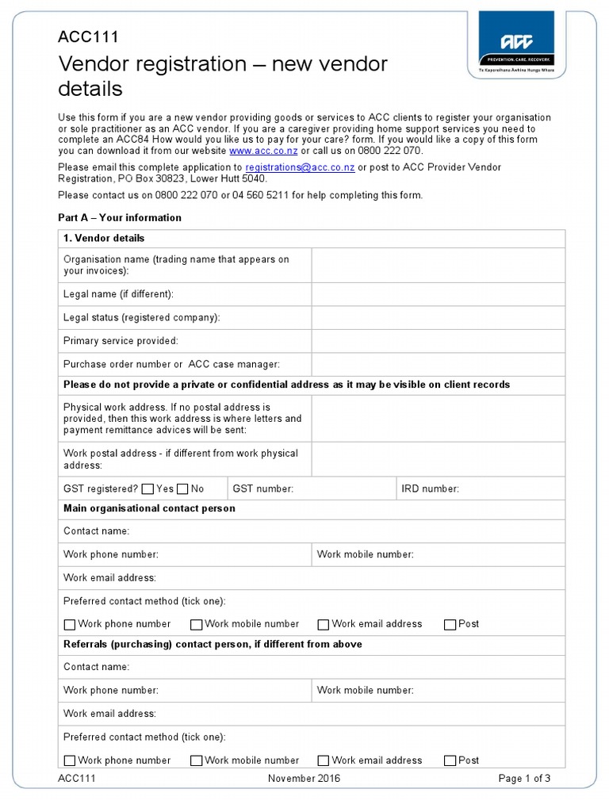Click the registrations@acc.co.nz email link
coord(300,167)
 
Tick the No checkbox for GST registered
coord(183,489)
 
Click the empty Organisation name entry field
coord(438,265)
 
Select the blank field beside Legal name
coord(438,294)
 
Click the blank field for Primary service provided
coord(438,341)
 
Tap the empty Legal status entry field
coord(438,318)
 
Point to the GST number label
coord(262,489)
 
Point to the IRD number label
coord(430,489)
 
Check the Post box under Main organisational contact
coord(450,625)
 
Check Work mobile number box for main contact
coord(197,625)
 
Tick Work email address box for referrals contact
coord(324,761)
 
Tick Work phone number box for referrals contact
coord(70,761)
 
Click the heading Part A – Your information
coord(120,217)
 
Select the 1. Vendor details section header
coord(104,238)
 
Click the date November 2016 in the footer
coord(304,779)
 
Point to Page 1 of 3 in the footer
coord(524,779)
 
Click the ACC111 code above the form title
coord(88,36)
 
